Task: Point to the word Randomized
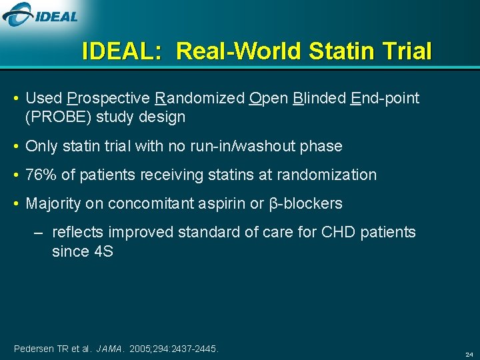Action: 199,99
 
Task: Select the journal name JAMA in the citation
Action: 110,349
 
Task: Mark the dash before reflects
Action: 39,233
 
